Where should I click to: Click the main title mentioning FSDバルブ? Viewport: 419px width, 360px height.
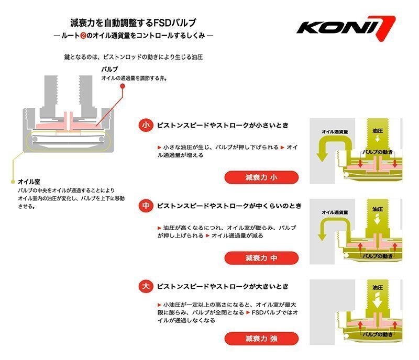(134, 23)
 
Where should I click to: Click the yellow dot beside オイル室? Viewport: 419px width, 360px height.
(13, 181)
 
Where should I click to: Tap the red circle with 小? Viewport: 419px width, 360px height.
(146, 126)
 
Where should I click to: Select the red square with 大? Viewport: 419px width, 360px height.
(146, 287)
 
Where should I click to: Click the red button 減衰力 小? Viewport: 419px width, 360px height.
(261, 177)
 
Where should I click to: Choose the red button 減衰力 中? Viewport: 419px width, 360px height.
(261, 258)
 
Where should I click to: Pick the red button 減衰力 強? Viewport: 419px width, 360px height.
(261, 338)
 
